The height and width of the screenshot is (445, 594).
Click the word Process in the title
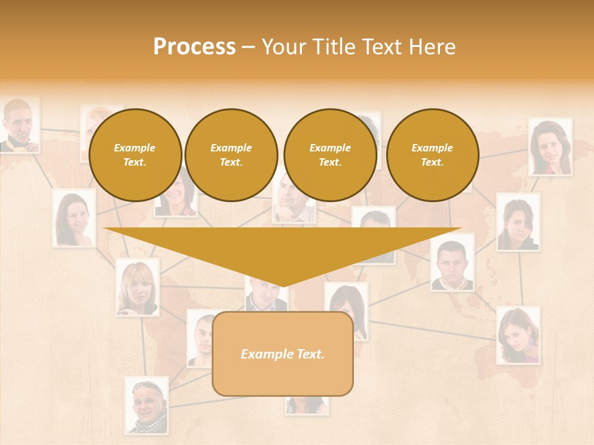tap(194, 47)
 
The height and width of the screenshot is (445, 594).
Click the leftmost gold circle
tap(135, 155)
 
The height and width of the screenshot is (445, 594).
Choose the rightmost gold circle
tap(432, 155)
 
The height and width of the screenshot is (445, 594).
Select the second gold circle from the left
tap(231, 155)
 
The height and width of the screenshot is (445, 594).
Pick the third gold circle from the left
tap(330, 155)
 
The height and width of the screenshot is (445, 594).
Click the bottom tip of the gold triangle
tap(283, 286)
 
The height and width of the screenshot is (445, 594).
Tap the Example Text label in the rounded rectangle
tap(282, 354)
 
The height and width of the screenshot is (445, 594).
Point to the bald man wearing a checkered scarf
tap(147, 405)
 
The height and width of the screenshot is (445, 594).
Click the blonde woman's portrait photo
tap(137, 287)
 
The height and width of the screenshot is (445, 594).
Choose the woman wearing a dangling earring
tap(519, 336)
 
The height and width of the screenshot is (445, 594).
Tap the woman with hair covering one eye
tap(518, 222)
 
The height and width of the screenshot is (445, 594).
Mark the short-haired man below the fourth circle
tap(452, 262)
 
